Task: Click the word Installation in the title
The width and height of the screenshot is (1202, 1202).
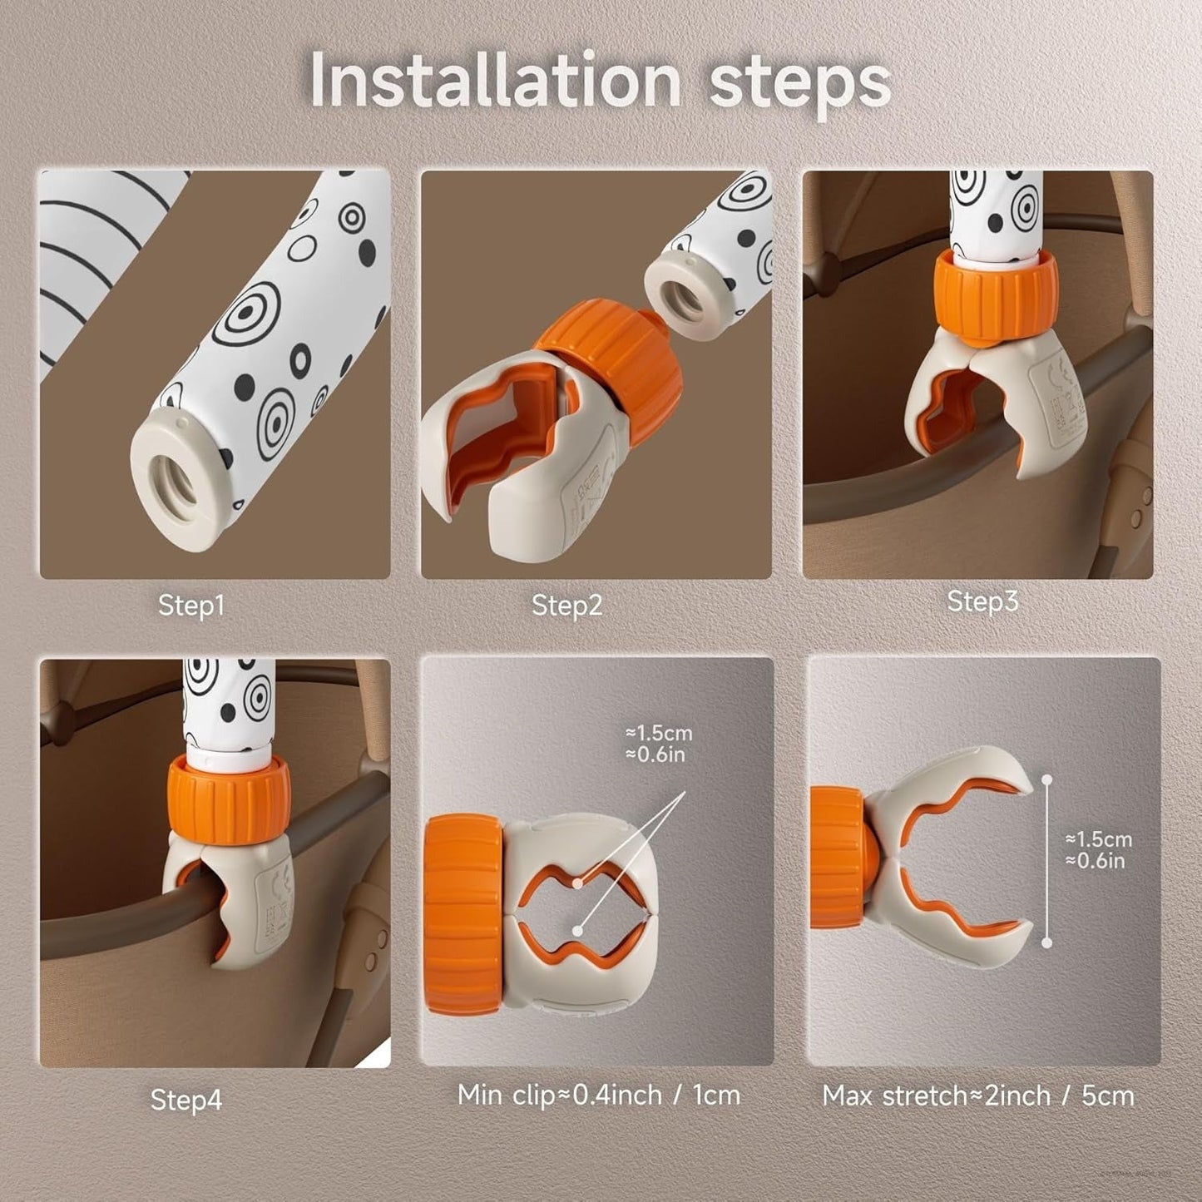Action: click(x=495, y=80)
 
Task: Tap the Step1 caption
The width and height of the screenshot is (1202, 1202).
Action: click(x=190, y=606)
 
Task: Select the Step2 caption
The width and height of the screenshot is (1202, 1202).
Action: click(x=567, y=605)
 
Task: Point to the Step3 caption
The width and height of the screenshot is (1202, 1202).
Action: click(x=982, y=601)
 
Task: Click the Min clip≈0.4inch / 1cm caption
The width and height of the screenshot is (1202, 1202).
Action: click(x=599, y=1096)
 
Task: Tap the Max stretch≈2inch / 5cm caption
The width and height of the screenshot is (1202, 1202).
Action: click(x=978, y=1096)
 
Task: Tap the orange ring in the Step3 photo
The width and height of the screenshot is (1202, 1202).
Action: click(x=996, y=299)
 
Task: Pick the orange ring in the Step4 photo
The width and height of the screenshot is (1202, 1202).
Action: click(x=228, y=799)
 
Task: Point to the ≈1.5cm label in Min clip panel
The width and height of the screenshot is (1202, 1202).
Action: click(x=660, y=734)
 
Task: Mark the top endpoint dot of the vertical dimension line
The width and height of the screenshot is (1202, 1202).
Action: click(x=1047, y=779)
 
